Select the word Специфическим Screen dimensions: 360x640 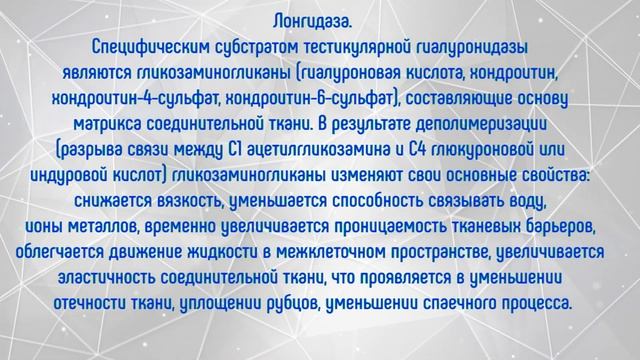(x=147, y=46)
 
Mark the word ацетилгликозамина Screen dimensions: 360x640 (x=318, y=150)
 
